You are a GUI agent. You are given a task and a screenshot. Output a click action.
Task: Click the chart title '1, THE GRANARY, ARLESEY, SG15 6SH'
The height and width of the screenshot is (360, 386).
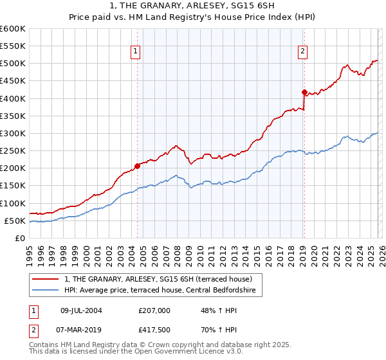click(192, 6)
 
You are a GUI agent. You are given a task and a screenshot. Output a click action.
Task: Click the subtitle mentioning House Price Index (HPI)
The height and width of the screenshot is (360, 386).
click(192, 17)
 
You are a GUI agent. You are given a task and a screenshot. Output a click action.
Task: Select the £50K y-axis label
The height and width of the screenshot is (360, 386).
click(15, 221)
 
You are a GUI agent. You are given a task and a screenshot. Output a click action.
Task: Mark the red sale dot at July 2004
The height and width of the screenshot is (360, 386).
click(137, 165)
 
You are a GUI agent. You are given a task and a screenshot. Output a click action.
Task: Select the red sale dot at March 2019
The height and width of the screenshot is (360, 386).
click(304, 92)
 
